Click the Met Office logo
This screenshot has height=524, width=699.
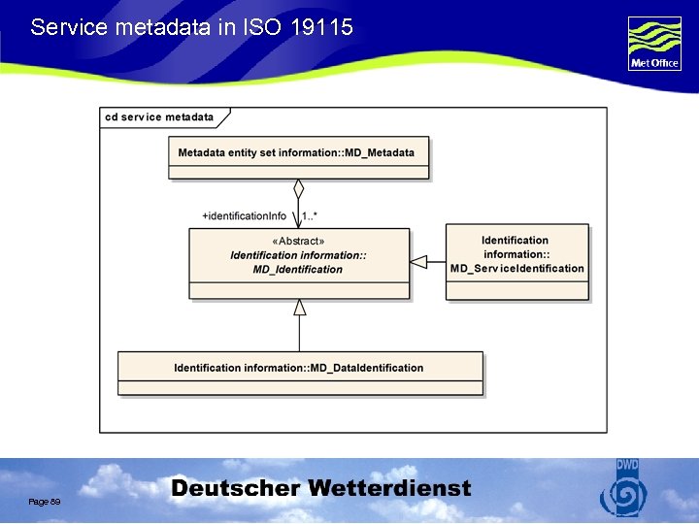point(654,44)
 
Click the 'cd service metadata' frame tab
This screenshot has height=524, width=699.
point(160,117)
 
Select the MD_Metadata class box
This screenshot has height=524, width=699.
point(298,158)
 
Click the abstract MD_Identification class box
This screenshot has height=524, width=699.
point(299,263)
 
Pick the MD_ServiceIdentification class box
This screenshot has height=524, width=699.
point(517,262)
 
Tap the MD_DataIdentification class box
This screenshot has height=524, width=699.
point(300,373)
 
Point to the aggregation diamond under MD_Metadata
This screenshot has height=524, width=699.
point(299,188)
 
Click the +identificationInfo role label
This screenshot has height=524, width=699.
point(244,215)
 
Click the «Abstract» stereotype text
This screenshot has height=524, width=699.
point(299,241)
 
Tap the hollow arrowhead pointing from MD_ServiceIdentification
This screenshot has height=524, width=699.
point(419,261)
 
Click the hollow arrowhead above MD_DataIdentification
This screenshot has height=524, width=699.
point(300,308)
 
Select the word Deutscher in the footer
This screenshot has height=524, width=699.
point(233,489)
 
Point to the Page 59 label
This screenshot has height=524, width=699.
point(45,501)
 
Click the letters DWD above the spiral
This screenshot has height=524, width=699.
point(627,466)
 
